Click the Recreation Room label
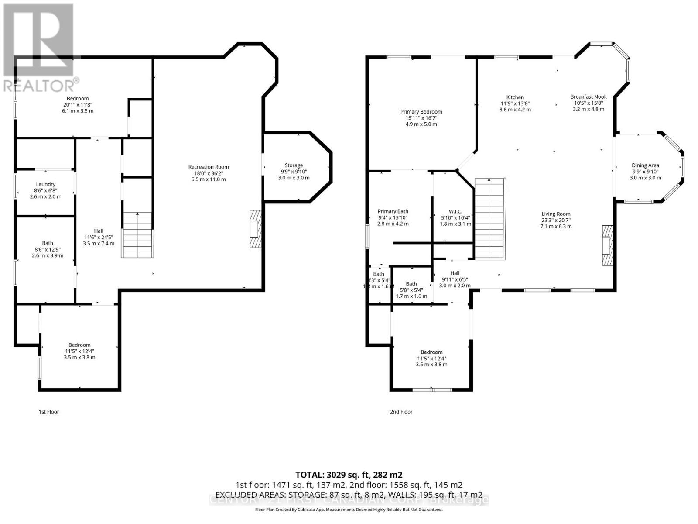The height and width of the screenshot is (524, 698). pos(209,167)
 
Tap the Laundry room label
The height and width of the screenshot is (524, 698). pos(46,184)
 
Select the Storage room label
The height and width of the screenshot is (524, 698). pos(294,165)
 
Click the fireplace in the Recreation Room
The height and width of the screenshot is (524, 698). pos(255,229)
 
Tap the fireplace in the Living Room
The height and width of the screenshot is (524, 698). pos(607,245)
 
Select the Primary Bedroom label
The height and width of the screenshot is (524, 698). pos(421,112)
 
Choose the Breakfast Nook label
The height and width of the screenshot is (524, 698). pos(588,97)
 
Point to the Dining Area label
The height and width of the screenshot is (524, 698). pos(645,165)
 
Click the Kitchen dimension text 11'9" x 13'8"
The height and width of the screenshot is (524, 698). pos(515,103)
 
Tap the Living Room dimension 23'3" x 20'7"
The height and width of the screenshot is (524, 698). pos(556,220)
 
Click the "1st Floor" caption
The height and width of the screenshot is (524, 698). pos(49,412)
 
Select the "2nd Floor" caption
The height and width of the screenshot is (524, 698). pos(401,412)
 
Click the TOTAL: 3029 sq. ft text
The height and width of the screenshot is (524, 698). pos(349,475)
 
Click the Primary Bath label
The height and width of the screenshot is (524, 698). pos(393,211)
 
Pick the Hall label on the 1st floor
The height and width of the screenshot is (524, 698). pos(99,231)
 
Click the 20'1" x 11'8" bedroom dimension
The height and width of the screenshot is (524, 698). pos(78,105)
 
